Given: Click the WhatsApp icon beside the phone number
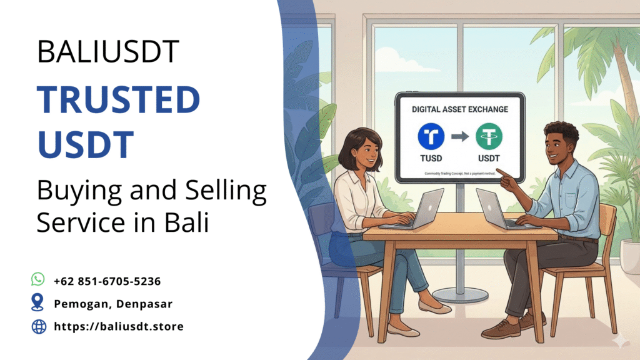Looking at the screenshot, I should (x=38, y=279).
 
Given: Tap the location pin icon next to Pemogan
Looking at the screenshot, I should (x=38, y=302).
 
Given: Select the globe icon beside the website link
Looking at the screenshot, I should (x=39, y=326).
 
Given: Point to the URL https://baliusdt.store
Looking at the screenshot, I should (x=119, y=326).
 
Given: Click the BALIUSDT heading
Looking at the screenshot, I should (x=108, y=51).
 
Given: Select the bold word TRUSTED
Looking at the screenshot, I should (x=118, y=100).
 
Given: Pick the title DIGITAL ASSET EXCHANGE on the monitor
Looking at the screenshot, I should (x=459, y=109).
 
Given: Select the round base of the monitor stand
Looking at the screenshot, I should (x=460, y=294).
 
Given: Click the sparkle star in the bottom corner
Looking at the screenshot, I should (x=621, y=341).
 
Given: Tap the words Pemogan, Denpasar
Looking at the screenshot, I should (x=112, y=304).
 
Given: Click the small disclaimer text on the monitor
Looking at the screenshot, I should (x=459, y=172).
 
